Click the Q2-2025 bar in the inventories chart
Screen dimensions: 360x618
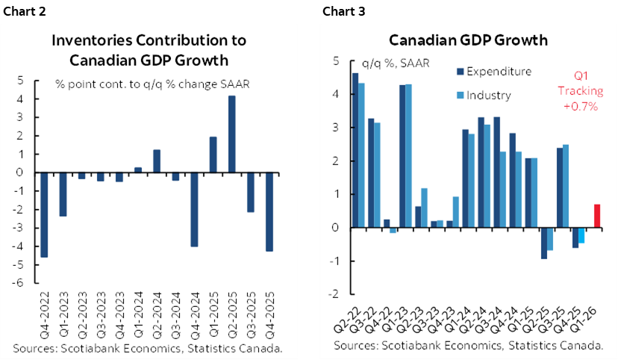tap(232, 134)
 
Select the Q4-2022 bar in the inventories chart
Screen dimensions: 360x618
tap(44, 214)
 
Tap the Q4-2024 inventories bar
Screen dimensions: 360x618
tap(194, 209)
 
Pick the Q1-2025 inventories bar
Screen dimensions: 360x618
tap(213, 155)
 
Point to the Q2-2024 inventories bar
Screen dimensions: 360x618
tap(157, 161)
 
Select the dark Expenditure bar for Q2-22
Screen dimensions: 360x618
tap(355, 149)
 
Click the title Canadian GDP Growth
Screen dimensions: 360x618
tap(467, 40)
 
